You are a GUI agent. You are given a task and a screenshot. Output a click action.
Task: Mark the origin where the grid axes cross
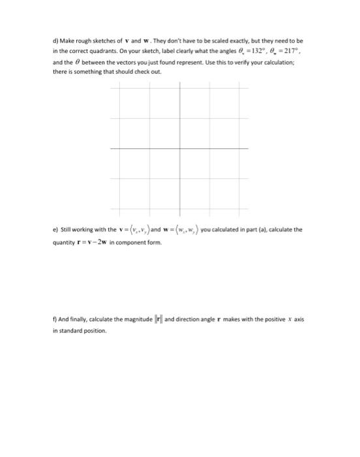pyautogui.click(x=181, y=149)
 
